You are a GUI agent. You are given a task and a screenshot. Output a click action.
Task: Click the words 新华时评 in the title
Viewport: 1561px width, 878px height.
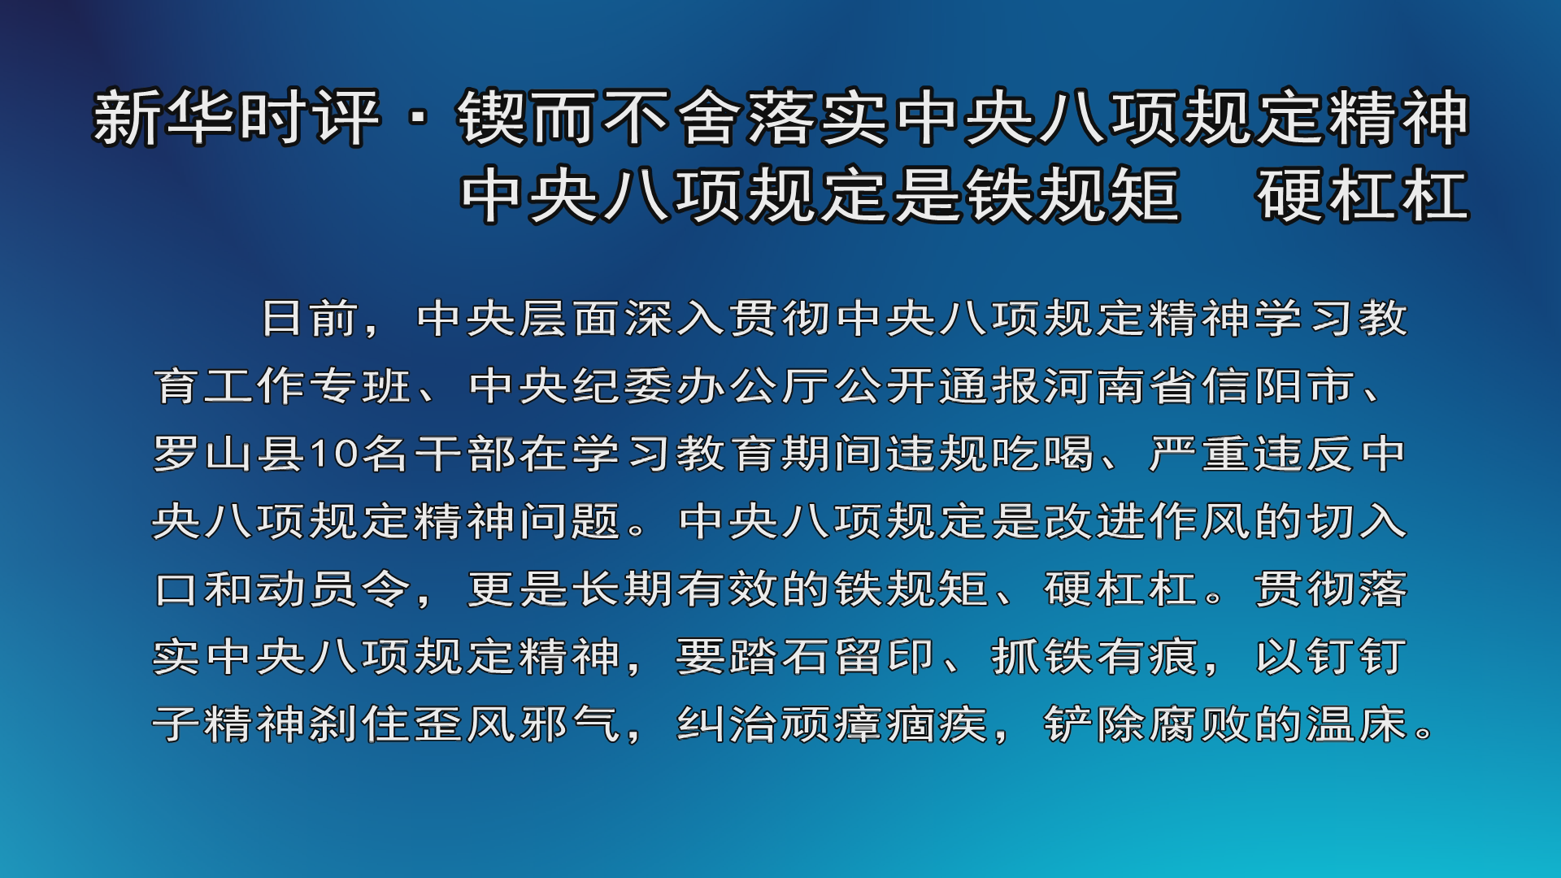pyautogui.click(x=237, y=119)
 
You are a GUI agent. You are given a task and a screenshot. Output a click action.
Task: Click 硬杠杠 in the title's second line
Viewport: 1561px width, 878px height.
pyautogui.click(x=1363, y=195)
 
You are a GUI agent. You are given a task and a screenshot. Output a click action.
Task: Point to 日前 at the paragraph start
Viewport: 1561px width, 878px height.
pyautogui.click(x=311, y=318)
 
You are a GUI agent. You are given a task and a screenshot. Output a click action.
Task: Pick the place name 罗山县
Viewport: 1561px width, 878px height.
pyautogui.click(x=230, y=454)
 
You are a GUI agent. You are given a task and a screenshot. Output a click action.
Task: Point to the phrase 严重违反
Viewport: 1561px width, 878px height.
pyautogui.click(x=1251, y=454)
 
